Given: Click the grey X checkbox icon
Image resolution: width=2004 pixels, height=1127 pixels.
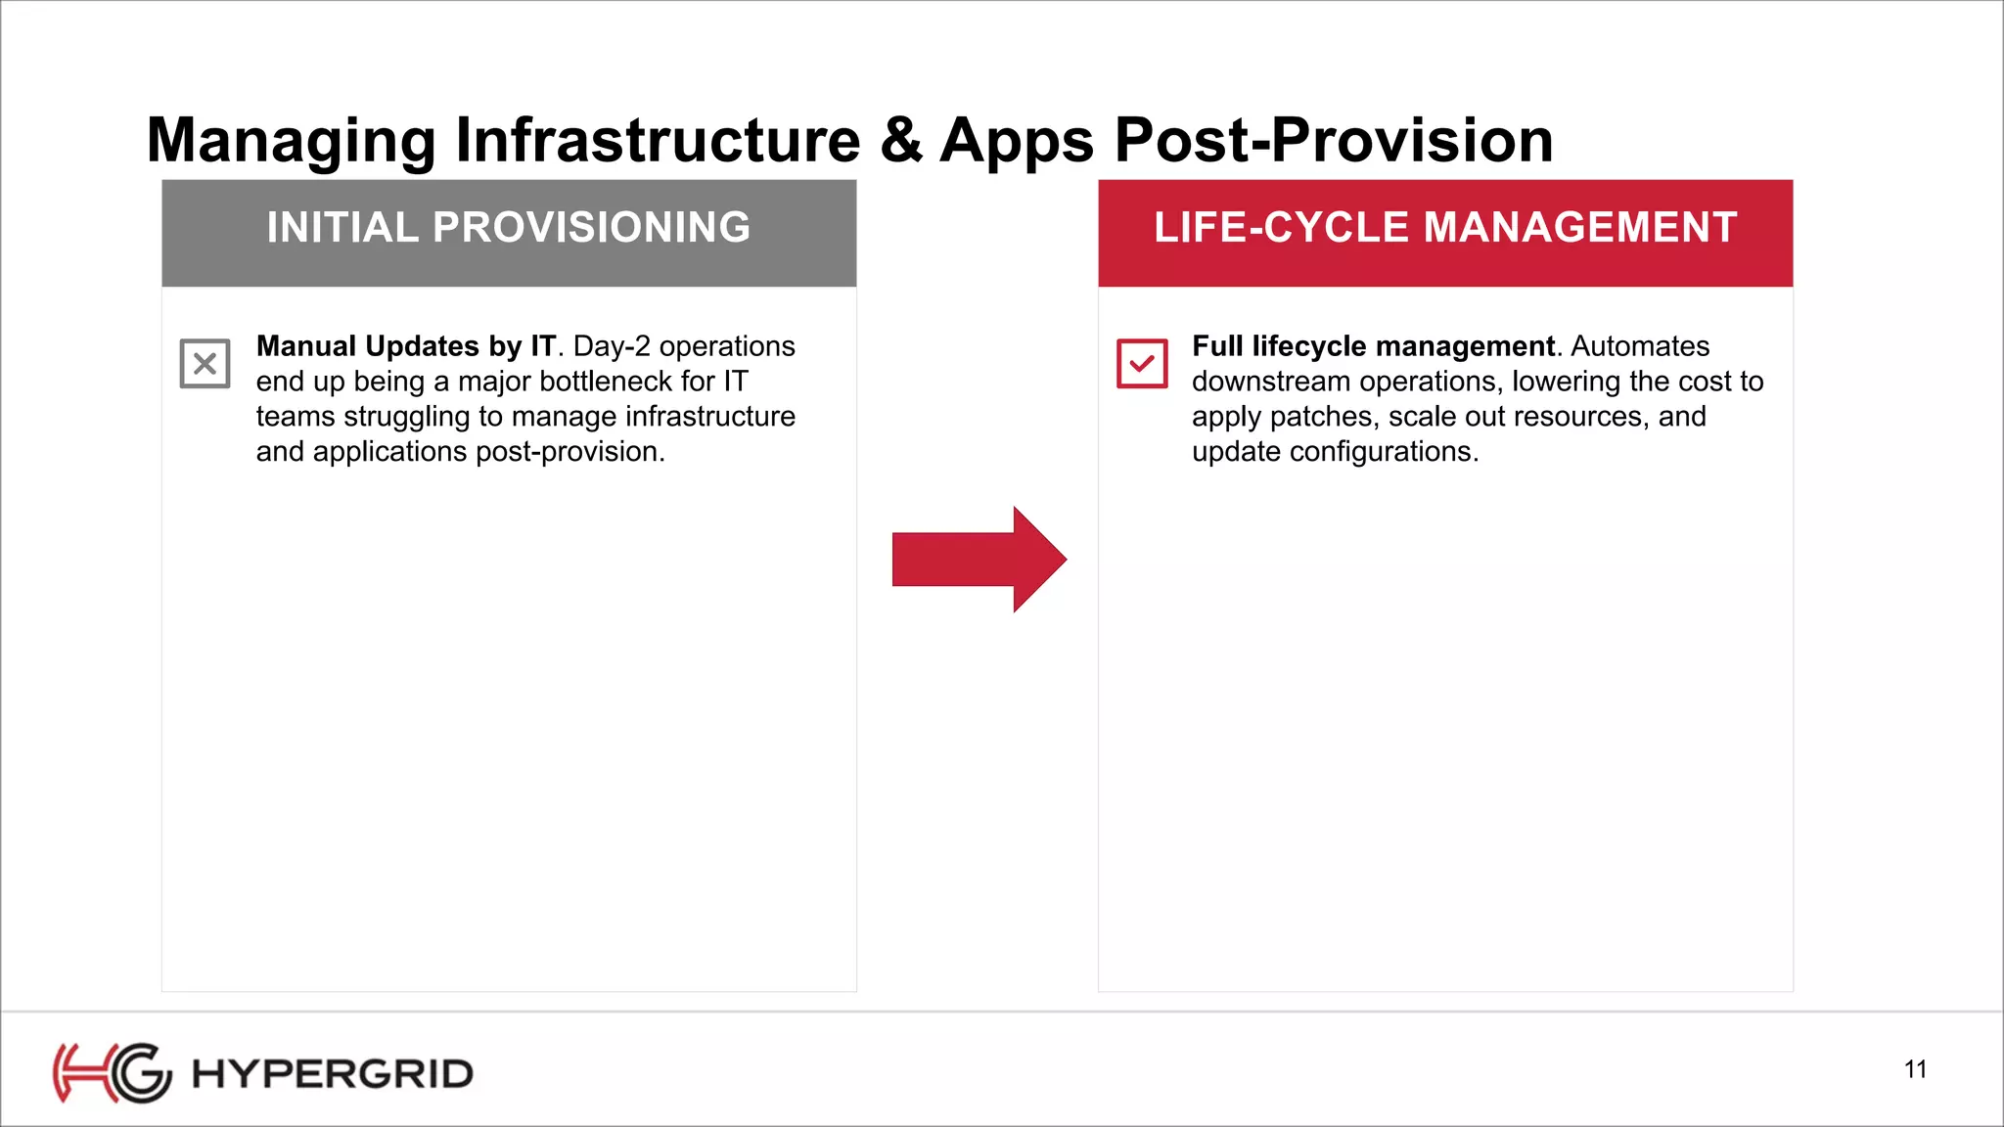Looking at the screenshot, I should point(205,364).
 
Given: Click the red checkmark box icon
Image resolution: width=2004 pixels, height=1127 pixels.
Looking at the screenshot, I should point(1142,364).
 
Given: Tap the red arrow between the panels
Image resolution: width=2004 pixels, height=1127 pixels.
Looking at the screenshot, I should point(979,560).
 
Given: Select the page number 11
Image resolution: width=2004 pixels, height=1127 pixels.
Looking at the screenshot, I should point(1915,1069).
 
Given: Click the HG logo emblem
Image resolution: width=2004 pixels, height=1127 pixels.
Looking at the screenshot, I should point(112,1073).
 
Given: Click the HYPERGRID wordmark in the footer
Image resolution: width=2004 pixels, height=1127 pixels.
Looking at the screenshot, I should point(333,1074).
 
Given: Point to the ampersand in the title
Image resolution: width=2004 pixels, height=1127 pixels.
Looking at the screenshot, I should point(900,140).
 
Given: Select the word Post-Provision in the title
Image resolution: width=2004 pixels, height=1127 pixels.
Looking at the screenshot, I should point(1333,140).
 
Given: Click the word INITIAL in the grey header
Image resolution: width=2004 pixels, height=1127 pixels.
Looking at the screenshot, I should point(342,228).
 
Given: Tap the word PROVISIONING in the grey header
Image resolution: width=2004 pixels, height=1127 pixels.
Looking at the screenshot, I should point(591,228).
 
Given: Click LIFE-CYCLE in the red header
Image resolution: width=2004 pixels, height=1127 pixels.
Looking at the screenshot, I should point(1281,228).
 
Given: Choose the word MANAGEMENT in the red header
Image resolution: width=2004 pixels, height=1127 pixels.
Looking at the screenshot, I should point(1579,228).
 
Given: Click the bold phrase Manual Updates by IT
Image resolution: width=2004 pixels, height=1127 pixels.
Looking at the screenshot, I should point(405,346).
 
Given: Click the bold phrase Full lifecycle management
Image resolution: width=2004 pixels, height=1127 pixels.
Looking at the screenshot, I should point(1373,346).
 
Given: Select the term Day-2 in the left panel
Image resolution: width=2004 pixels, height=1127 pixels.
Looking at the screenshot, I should point(612,346).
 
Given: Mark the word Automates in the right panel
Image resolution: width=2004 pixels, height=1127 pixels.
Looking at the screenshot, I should point(1640,346).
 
